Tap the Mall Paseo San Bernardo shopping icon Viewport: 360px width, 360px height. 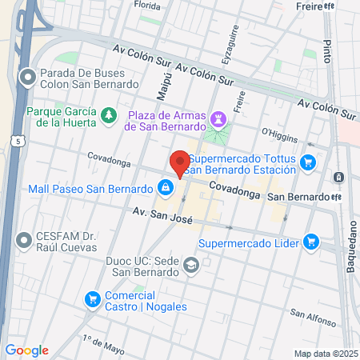tap(164, 188)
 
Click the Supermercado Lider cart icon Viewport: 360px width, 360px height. tap(311, 242)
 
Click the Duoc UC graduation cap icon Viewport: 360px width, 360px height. tap(191, 265)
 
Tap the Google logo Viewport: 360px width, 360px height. tap(27, 350)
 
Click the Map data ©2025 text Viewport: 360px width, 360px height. tap(326, 354)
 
